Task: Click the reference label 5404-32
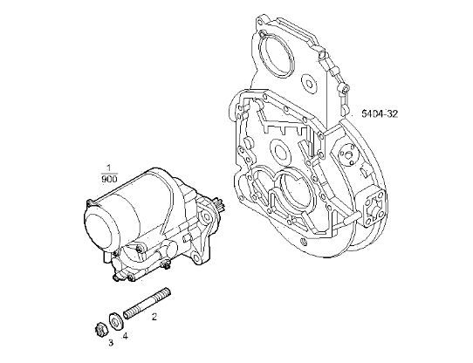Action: coord(380,114)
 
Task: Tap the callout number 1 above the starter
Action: coord(108,168)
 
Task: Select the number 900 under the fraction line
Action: coord(109,180)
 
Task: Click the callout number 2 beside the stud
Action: coord(154,317)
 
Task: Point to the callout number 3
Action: coord(111,342)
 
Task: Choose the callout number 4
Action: coord(125,336)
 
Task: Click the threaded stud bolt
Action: coord(147,305)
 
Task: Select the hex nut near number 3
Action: coord(99,330)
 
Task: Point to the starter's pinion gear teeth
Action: coord(219,204)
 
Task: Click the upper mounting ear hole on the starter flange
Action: coord(205,216)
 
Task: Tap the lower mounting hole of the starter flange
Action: coord(196,258)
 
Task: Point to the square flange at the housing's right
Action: coord(374,208)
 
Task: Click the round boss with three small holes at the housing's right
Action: coord(347,154)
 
